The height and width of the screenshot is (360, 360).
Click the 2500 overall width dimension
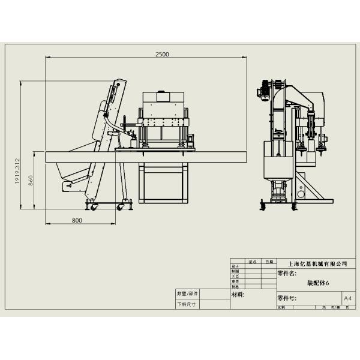[162, 54]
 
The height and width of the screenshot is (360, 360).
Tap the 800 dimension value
[77, 220]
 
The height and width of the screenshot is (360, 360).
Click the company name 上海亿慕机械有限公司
[317, 263]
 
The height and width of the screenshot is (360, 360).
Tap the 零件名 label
[287, 273]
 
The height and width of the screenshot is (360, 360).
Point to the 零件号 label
[287, 298]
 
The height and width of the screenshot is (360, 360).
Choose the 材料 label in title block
[238, 295]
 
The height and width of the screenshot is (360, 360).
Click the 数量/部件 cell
[188, 294]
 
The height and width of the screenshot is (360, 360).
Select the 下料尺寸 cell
[187, 304]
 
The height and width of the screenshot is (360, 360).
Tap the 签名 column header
[253, 262]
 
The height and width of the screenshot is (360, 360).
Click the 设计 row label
[235, 266]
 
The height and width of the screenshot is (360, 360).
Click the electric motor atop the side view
[262, 90]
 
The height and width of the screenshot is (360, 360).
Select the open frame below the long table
[163, 185]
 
